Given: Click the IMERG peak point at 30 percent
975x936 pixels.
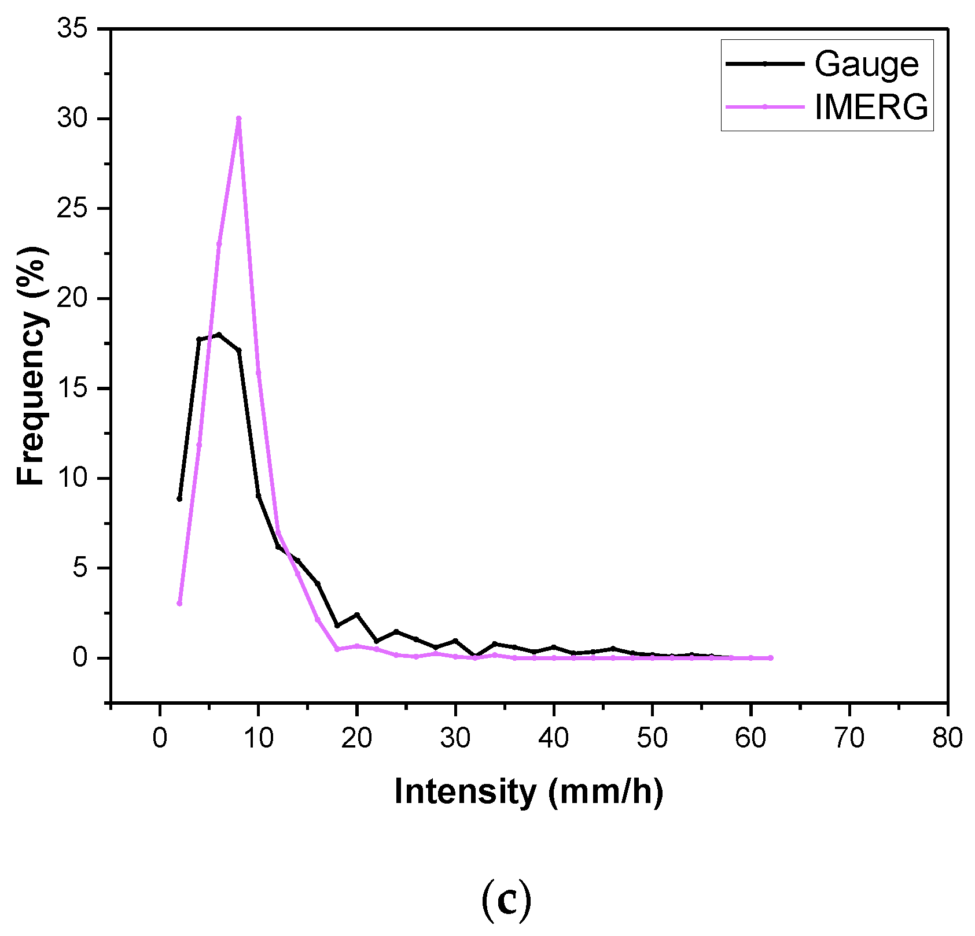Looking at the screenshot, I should pos(238,119).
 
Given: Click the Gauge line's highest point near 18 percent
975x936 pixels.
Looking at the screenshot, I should pos(219,334).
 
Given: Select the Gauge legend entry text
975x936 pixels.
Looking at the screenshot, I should pos(866,64).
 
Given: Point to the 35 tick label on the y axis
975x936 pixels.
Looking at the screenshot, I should pos(72,28).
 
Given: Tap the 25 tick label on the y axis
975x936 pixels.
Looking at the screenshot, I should pos(72,209).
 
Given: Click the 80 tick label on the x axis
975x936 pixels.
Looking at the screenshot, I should pos(947,738).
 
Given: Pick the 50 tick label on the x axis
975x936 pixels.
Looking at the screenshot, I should pos(652,738).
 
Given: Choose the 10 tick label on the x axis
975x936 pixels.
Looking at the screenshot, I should pos(258,738).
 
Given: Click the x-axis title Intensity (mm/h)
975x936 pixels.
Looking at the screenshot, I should pos(528,791).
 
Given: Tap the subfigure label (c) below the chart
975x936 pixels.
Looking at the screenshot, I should pos(506,900).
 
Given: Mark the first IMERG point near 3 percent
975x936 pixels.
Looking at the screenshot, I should pos(179,604).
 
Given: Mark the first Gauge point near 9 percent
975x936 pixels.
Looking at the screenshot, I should pos(179,498).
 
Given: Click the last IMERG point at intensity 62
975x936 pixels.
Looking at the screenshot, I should pos(770,658).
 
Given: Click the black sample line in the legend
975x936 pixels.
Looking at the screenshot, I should pos(764,64).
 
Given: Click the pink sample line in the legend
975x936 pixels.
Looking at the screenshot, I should pos(764,106).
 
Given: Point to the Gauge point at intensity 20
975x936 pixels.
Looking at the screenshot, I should pos(357,615).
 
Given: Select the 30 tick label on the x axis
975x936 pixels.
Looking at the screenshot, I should pos(455,738).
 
